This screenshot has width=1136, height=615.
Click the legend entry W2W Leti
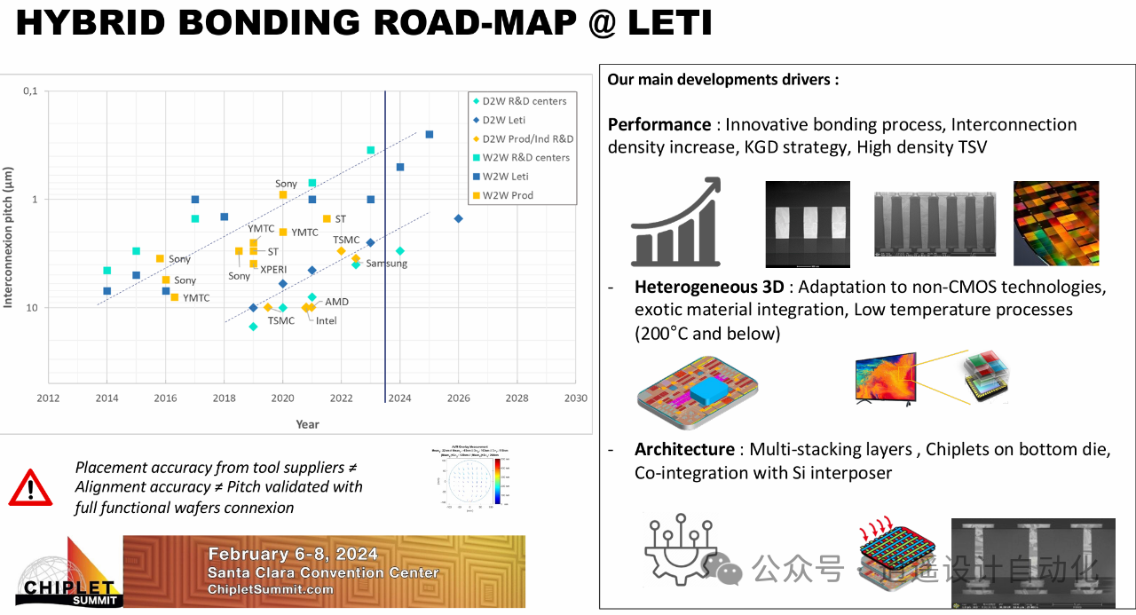coord(529,176)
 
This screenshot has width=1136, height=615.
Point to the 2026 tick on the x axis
coord(458,398)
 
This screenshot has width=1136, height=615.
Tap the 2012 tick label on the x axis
coord(48,398)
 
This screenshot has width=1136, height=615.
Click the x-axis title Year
coord(307,424)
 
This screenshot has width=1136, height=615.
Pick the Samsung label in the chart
coord(386,264)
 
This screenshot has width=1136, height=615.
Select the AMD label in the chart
coord(336,302)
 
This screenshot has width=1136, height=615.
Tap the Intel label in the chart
coord(327,320)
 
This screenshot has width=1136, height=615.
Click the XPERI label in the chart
coord(273,269)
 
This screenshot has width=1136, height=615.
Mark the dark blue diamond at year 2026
coord(458,218)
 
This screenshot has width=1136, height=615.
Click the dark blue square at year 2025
coord(429,135)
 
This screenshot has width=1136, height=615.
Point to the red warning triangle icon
coord(30,487)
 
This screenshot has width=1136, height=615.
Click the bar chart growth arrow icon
coord(675,223)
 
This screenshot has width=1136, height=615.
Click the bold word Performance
coord(659,124)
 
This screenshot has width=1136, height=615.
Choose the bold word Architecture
coord(684,449)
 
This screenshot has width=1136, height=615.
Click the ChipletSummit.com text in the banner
coord(271,589)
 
